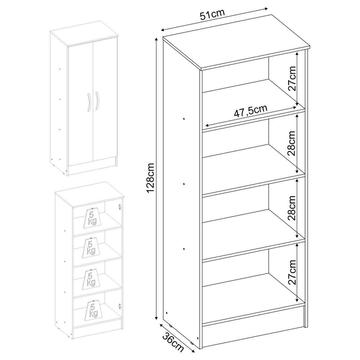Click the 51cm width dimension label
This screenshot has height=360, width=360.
(x=212, y=15)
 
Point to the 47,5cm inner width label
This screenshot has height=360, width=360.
(x=251, y=111)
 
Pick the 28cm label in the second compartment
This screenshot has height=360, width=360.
(x=292, y=143)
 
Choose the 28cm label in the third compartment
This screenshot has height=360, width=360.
(x=292, y=208)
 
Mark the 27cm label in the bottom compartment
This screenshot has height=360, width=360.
(x=292, y=272)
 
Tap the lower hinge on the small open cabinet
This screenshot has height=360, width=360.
(x=120, y=305)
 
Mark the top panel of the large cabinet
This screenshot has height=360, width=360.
(x=237, y=42)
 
